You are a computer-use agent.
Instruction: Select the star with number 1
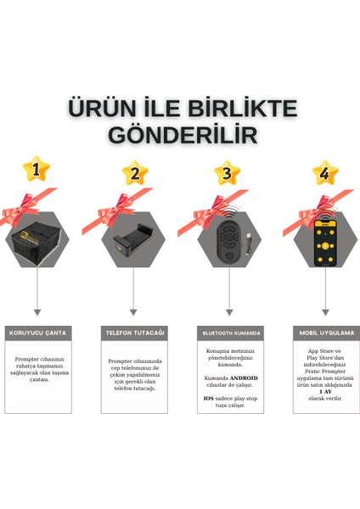coord(36,171)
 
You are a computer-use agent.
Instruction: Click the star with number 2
coord(133,174)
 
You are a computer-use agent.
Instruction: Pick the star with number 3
coord(227,174)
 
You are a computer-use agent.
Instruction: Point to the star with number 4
coord(325,174)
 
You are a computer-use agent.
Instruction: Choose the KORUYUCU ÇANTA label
coord(37,333)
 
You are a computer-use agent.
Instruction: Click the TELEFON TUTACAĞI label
coord(133,333)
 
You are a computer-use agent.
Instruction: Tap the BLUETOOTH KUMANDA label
coord(229,333)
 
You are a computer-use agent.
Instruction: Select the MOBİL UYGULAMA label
coord(326,333)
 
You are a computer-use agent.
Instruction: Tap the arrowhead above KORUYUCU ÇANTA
coord(37,313)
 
